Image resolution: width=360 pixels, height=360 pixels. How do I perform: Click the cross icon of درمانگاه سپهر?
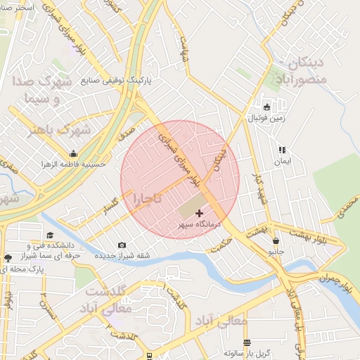coord(198,212)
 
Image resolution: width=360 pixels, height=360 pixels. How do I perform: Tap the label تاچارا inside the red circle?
coord(148,199)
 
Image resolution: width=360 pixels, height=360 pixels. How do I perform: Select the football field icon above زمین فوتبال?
coord(266,108)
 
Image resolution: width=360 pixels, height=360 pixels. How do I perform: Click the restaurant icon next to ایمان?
coord(282,150)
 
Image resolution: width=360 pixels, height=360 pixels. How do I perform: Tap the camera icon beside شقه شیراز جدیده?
coord(122,245)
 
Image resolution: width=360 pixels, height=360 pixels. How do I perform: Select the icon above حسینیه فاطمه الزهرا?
coord(73,154)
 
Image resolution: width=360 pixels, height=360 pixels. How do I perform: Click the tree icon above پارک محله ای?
coord(8,258)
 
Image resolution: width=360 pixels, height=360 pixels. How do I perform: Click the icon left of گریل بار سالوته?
coord(247,343)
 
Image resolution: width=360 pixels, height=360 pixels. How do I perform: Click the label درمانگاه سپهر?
coord(199,223)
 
